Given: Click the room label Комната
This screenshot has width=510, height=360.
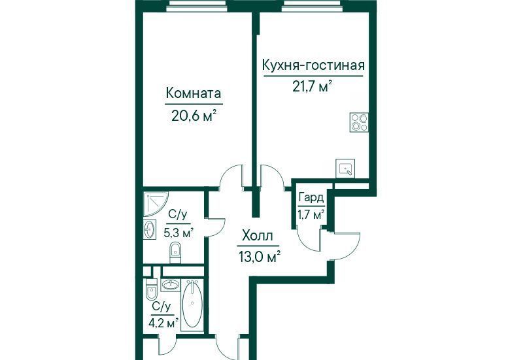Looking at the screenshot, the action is (x=194, y=93).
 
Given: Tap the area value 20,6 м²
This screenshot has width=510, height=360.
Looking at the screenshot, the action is (x=194, y=115).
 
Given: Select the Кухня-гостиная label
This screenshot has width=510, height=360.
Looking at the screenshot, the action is (x=313, y=65).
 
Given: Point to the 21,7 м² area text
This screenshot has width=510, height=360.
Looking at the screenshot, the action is (x=313, y=86).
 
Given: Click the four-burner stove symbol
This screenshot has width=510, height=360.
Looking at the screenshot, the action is (x=359, y=122).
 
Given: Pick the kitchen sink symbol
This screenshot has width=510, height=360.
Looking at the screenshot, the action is (x=345, y=169).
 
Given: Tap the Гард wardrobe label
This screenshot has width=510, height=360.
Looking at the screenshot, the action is (x=311, y=198).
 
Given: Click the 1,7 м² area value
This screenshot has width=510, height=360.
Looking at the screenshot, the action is (x=311, y=215).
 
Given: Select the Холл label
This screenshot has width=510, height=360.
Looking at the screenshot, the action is (x=258, y=236).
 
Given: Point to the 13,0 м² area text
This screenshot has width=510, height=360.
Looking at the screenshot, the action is (x=259, y=257).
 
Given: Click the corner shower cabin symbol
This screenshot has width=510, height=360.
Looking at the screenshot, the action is (x=156, y=203).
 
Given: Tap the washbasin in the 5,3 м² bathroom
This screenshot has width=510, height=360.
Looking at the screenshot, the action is (x=150, y=229).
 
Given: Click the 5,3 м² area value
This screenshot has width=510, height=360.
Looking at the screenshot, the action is (x=178, y=233).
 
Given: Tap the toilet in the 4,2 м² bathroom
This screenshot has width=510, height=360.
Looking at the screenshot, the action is (x=152, y=289).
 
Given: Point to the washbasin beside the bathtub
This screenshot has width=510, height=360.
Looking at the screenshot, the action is (x=170, y=286).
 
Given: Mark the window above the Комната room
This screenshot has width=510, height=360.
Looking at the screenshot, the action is (x=197, y=6).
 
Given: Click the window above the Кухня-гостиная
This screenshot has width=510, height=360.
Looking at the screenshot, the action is (x=311, y=6).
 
